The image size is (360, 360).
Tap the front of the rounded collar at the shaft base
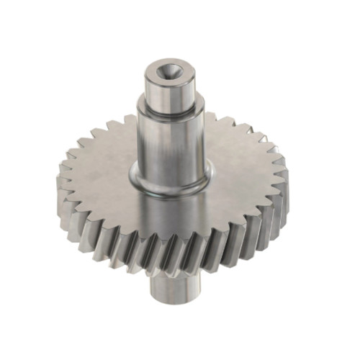(x=170, y=188)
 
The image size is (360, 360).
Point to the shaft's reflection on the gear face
(x=170, y=216)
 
